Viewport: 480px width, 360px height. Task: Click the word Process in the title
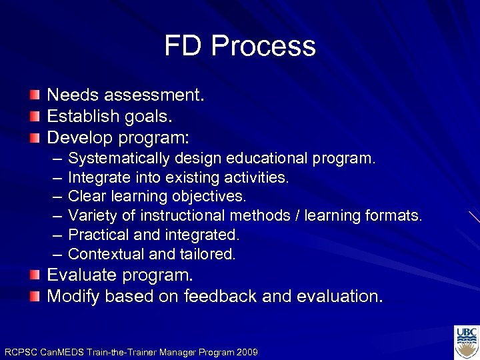click(x=263, y=47)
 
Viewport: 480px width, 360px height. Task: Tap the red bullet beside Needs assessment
click(x=35, y=95)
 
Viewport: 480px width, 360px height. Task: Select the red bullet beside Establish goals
click(x=35, y=117)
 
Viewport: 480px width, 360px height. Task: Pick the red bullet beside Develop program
click(x=35, y=138)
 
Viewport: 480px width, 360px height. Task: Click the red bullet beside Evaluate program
click(x=35, y=275)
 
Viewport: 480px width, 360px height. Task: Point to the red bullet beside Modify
click(x=35, y=296)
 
